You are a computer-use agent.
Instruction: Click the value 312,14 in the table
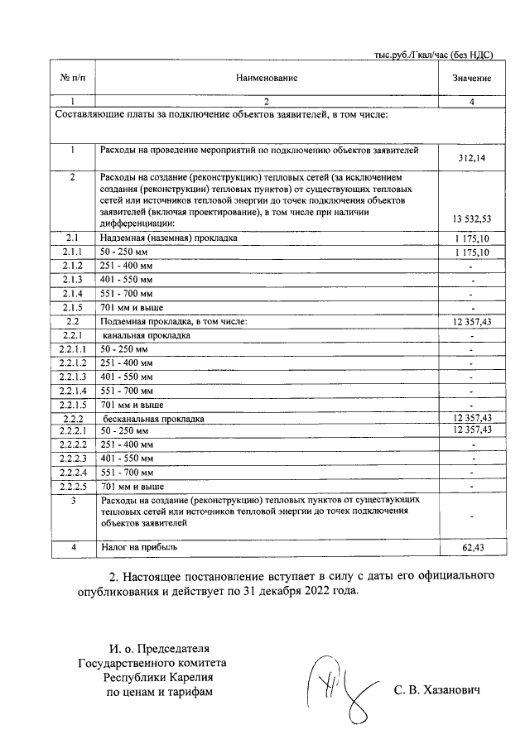472,157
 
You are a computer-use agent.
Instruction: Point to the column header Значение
472,78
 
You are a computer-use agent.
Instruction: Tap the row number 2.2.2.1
73,431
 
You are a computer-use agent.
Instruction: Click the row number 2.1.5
73,307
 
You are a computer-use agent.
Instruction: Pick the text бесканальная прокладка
153,419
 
